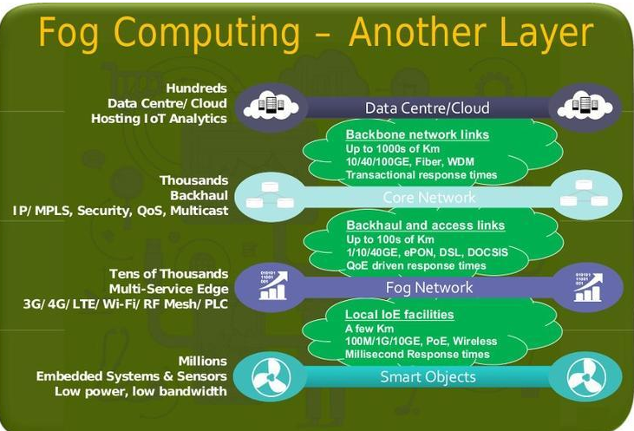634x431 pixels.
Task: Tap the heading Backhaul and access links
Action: point(425,225)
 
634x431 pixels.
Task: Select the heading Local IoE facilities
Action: point(400,314)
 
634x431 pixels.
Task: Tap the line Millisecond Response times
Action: point(417,354)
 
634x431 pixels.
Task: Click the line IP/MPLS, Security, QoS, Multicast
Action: point(121,211)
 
